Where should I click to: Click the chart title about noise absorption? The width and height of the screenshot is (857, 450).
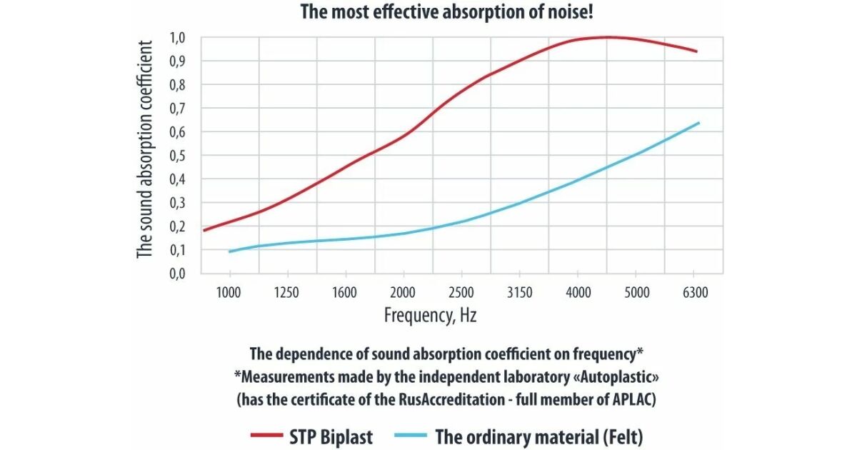(428, 12)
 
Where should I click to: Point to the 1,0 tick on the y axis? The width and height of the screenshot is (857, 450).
(178, 37)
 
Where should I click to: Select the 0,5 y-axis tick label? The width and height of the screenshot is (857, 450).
(178, 156)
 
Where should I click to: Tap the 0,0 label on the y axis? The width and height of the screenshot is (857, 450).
(178, 274)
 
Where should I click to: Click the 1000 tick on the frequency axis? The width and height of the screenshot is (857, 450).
(230, 291)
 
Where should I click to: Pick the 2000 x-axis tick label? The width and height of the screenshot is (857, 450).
(404, 291)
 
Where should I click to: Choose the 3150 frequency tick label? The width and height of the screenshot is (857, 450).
(519, 291)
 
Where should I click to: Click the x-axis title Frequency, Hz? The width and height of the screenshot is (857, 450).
(430, 315)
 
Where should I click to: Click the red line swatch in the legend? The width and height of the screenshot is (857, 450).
(269, 435)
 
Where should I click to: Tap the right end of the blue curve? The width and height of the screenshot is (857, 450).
(698, 123)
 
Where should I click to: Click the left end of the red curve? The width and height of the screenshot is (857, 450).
(204, 230)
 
